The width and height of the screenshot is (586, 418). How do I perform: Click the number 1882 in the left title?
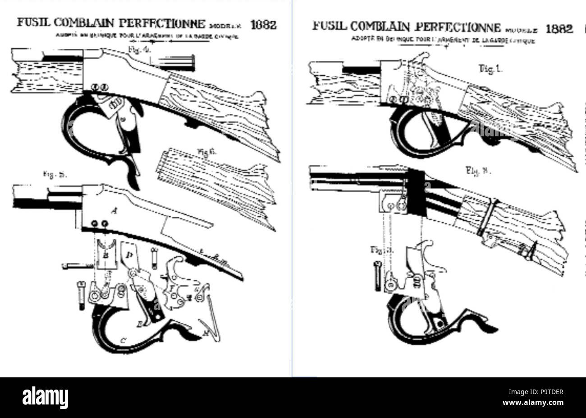coord(263,24)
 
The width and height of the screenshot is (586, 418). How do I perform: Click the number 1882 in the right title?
coord(559,28)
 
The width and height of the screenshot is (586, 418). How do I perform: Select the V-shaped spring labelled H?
coord(211,323)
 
